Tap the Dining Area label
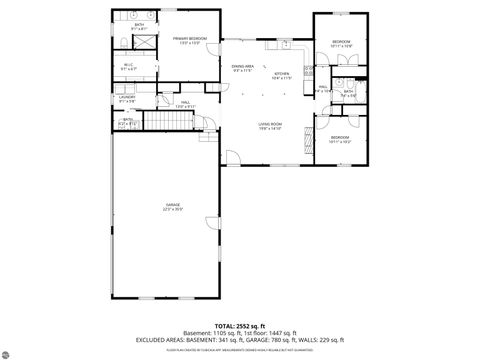[242, 68]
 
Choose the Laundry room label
[128, 98]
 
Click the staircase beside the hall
[169, 121]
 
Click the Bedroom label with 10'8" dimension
[342, 43]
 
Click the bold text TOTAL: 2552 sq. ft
[240, 326]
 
